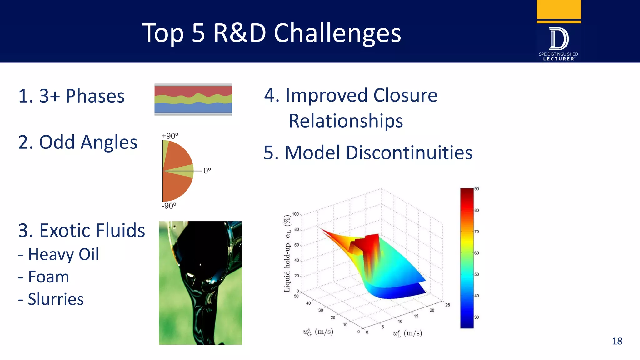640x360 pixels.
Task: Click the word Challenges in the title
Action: [x=337, y=33]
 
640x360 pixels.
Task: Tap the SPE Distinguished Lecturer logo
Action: [x=558, y=42]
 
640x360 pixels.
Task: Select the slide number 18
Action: [x=617, y=341]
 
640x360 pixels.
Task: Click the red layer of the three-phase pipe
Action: [x=193, y=90]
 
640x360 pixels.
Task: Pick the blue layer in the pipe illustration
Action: [x=193, y=108]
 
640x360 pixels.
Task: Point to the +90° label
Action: [x=170, y=136]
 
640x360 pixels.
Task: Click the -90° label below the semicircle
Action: [x=169, y=206]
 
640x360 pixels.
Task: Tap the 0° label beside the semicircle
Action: [x=207, y=171]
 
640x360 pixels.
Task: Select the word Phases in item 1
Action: [x=95, y=96]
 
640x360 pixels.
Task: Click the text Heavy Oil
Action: [x=63, y=254]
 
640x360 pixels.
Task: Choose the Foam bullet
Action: [x=48, y=277]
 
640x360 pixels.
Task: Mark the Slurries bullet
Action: [x=56, y=299]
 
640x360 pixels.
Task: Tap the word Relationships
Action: [x=346, y=121]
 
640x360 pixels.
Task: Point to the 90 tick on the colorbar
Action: [x=477, y=189]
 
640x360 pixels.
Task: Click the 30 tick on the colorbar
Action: [x=477, y=317]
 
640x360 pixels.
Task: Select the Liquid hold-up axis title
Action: [x=287, y=253]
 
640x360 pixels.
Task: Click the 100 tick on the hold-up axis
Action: [x=295, y=214]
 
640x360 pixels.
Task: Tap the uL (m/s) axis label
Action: [x=407, y=333]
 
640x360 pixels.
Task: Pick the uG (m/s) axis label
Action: [x=318, y=332]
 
